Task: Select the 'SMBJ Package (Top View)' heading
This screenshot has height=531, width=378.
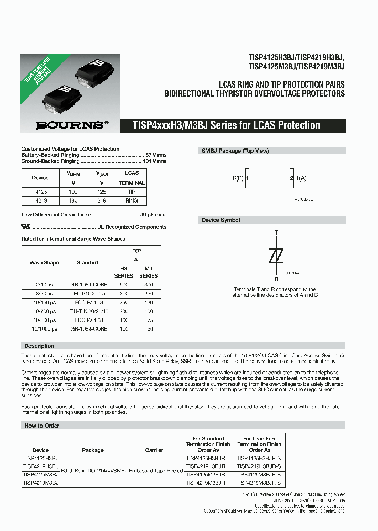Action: tap(235, 151)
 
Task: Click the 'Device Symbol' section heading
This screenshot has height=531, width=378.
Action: tap(221, 220)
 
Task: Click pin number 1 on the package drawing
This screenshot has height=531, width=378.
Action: tap(246, 178)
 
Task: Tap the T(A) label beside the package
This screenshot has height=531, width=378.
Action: tap(301, 178)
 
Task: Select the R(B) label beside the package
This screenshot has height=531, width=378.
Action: tap(238, 178)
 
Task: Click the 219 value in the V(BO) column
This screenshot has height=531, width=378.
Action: tap(101, 200)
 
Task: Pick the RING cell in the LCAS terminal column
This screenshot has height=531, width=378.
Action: tap(132, 200)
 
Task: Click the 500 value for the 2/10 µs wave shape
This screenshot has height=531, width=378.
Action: tap(124, 284)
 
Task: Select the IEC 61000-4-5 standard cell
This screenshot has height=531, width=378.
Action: tap(88, 293)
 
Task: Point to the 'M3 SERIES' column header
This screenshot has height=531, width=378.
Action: tap(149, 271)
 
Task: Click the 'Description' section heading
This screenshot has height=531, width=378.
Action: tap(39, 346)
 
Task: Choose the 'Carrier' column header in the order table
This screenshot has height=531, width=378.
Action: tap(154, 450)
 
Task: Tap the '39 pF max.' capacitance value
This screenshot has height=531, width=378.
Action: tap(153, 215)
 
